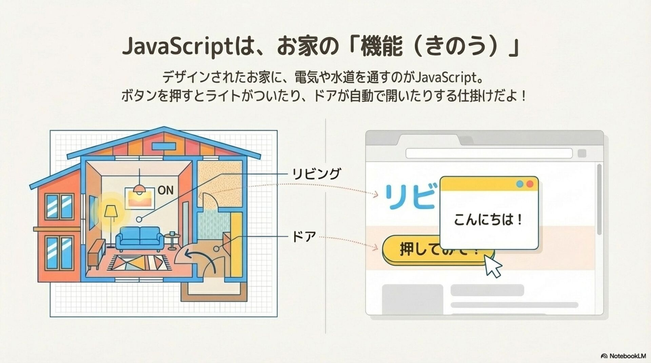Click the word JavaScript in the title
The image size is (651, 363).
[x=176, y=47]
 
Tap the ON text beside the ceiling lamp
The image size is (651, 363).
[x=165, y=190]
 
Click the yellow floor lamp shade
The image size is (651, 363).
[x=110, y=211]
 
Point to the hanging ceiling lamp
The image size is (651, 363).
[x=139, y=188]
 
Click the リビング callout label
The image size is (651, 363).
[x=316, y=174]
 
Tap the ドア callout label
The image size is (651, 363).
[x=304, y=237]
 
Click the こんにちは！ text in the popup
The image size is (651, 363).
[x=488, y=220]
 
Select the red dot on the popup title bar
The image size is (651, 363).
[x=529, y=184]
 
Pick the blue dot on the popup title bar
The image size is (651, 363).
[x=520, y=184]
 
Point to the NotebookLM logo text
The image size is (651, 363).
[x=627, y=356]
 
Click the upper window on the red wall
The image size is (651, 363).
[x=59, y=206]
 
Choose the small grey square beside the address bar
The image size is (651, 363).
[x=582, y=153]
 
